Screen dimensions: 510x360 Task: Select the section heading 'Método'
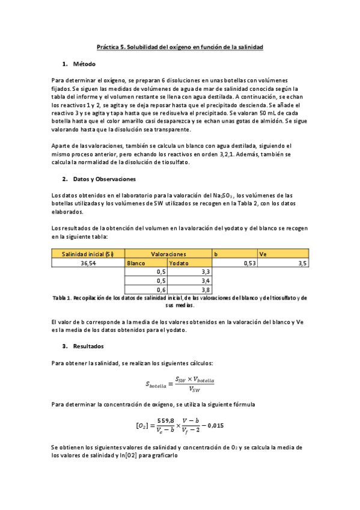coord(84,64)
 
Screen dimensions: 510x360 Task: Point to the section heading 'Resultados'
coord(88,346)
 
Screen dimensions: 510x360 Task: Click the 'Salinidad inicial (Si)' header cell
coord(88,254)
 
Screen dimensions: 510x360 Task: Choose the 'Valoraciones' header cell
coord(168,254)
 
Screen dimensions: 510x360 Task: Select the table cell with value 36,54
coord(88,263)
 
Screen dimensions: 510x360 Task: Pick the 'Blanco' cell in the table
coord(136,263)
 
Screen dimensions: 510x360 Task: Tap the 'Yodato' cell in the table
coord(178,263)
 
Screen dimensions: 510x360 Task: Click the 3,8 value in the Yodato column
coord(205,289)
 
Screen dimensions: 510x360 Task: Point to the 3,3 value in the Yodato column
coord(205,272)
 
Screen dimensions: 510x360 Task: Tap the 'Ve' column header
coord(263,254)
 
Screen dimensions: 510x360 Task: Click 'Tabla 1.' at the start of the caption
coord(61,298)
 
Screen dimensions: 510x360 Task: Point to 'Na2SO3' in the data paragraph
coord(224,195)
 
